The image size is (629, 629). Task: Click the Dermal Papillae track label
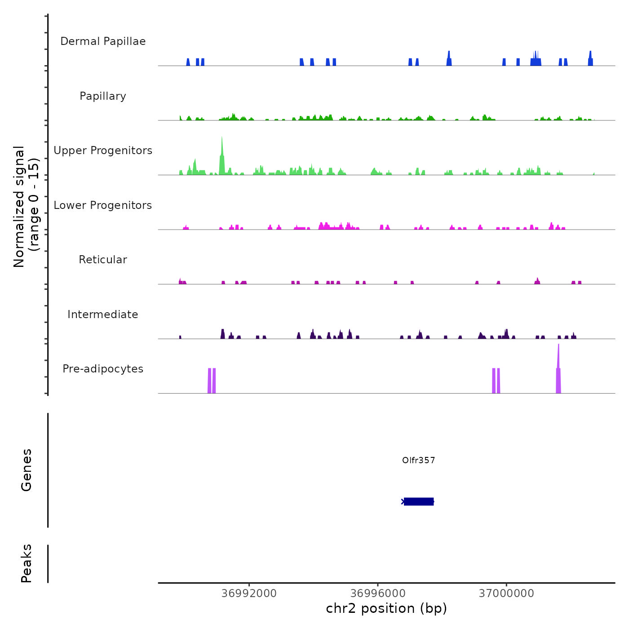pyautogui.click(x=103, y=41)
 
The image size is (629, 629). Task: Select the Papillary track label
pyautogui.click(x=103, y=96)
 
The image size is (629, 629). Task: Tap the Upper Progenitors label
pyautogui.click(x=103, y=151)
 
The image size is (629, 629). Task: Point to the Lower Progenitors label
pyautogui.click(x=103, y=205)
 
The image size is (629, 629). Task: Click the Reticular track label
pyautogui.click(x=103, y=260)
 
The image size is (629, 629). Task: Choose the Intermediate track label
pyautogui.click(x=103, y=314)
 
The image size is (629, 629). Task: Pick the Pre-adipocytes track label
pyautogui.click(x=103, y=369)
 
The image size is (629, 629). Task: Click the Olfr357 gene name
pyautogui.click(x=418, y=460)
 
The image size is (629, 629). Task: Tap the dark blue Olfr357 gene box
pyautogui.click(x=419, y=501)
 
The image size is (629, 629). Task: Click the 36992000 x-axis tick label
pyautogui.click(x=249, y=594)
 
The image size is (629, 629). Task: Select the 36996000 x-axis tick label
pyautogui.click(x=378, y=594)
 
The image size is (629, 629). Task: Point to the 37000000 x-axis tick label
pyautogui.click(x=506, y=594)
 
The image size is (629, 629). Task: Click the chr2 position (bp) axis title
pyautogui.click(x=386, y=608)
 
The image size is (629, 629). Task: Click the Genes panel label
pyautogui.click(x=27, y=470)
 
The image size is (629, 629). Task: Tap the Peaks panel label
pyautogui.click(x=27, y=563)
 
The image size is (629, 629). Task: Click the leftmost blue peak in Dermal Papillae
pyautogui.click(x=188, y=62)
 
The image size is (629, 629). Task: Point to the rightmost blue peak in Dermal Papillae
pyautogui.click(x=590, y=59)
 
